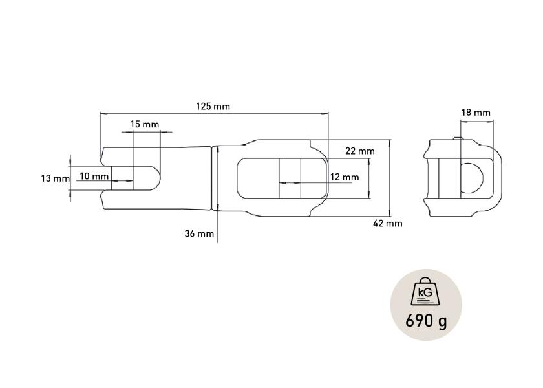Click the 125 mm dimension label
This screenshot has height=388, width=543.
click(x=213, y=106)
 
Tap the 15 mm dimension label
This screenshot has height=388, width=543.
click(x=144, y=124)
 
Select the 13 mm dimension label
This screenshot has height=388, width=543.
click(x=55, y=178)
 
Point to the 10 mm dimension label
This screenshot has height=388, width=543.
click(x=94, y=177)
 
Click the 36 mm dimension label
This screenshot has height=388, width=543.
click(x=199, y=234)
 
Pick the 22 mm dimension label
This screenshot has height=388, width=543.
click(x=360, y=151)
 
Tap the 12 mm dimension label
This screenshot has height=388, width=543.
click(x=344, y=177)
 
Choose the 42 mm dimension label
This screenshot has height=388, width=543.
click(x=387, y=224)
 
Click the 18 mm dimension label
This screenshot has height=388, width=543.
click(x=476, y=113)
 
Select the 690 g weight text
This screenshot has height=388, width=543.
click(x=426, y=321)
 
